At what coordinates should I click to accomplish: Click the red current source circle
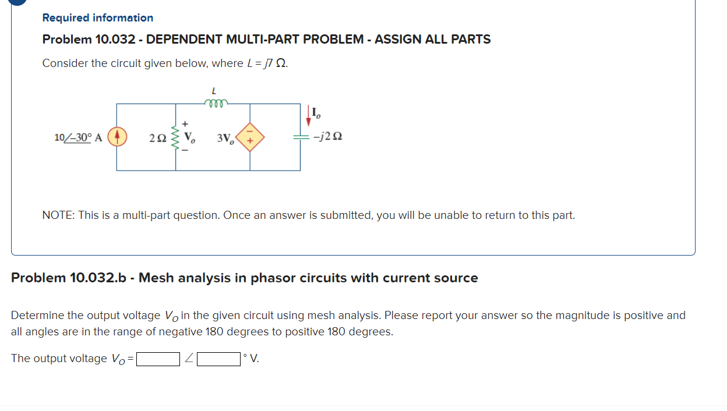[117, 137]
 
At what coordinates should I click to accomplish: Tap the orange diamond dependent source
[250, 137]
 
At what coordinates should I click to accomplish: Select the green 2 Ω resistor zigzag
[175, 137]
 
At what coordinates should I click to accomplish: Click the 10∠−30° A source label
[78, 137]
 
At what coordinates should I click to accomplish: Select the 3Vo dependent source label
[225, 139]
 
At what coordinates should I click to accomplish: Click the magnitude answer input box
[158, 359]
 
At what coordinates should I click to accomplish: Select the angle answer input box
[219, 359]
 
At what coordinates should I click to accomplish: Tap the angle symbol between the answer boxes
[189, 359]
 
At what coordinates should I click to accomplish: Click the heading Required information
[98, 18]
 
